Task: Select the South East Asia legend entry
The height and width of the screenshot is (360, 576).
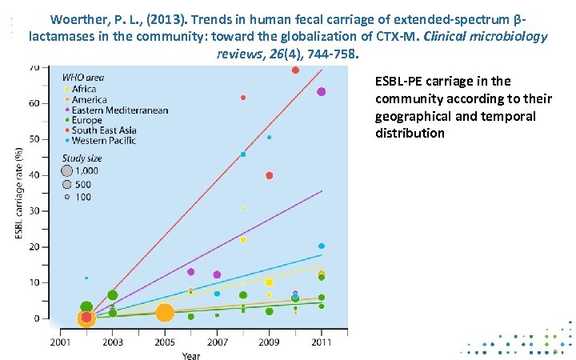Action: [103, 130]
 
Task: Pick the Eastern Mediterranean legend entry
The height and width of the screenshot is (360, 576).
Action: [119, 110]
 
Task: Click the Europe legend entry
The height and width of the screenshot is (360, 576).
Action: [86, 120]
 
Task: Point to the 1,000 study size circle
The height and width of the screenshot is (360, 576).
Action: [67, 170]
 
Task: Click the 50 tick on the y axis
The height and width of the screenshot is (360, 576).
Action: [36, 139]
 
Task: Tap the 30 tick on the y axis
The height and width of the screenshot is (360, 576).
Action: [36, 211]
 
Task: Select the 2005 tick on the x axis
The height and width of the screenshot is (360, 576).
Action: [164, 342]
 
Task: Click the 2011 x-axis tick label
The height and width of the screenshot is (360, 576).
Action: [321, 342]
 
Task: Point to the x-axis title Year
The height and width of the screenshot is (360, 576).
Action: [191, 355]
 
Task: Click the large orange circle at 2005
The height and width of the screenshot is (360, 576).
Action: [164, 313]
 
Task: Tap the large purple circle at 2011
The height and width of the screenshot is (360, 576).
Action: [321, 92]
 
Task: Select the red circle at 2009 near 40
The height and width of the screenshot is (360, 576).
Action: [269, 175]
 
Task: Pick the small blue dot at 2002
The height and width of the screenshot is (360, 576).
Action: [86, 278]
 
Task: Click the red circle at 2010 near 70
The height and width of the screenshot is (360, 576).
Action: [295, 70]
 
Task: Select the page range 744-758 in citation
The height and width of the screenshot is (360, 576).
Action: [328, 54]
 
